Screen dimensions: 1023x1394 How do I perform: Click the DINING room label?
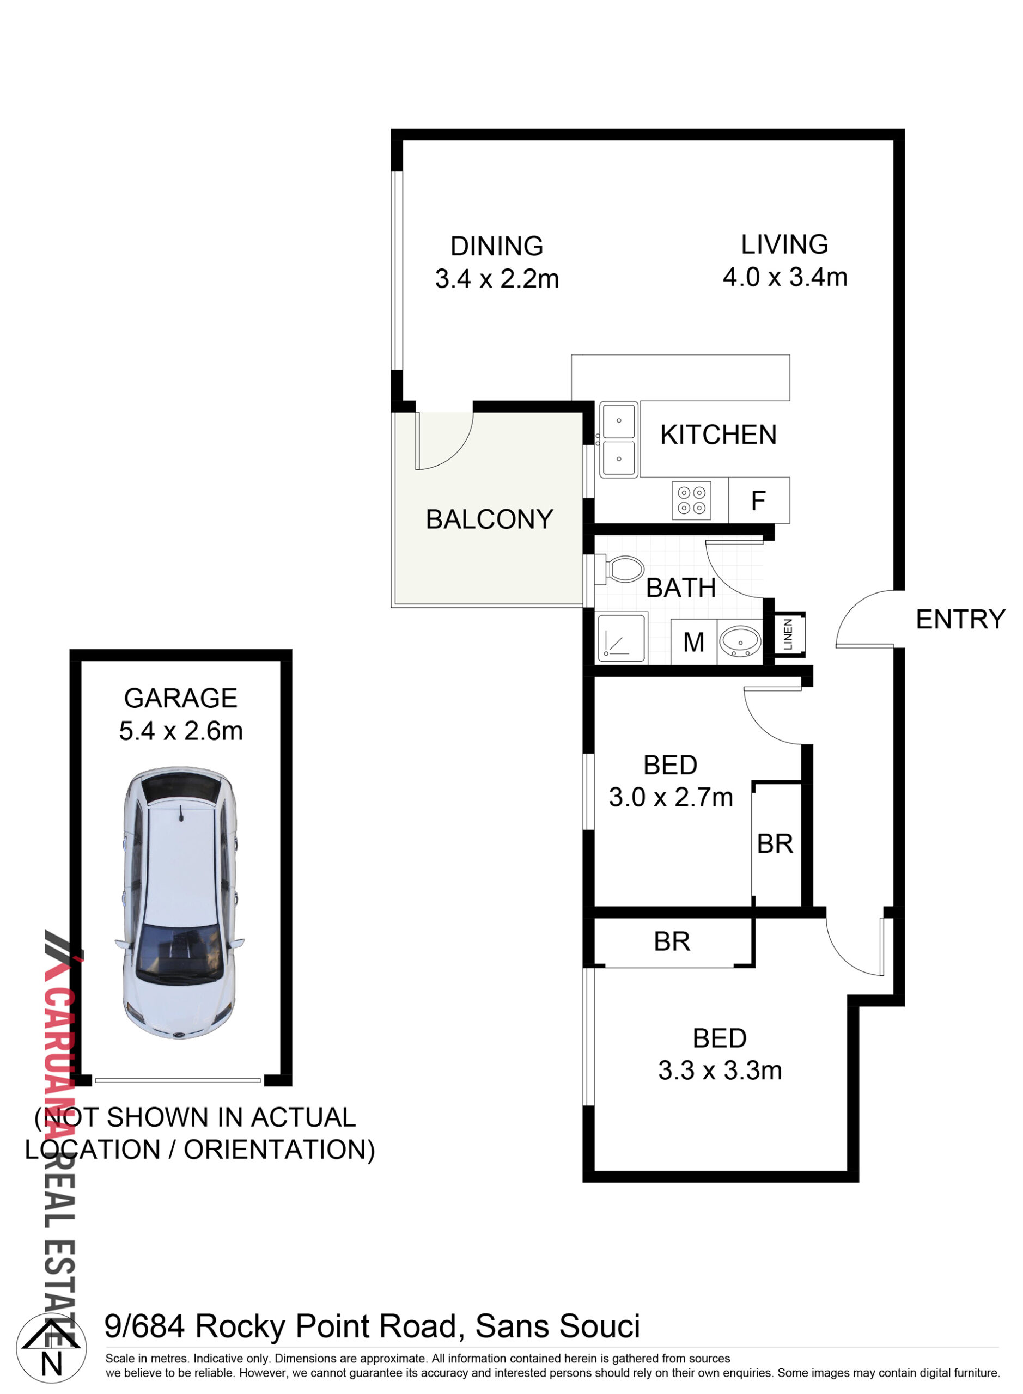point(497,246)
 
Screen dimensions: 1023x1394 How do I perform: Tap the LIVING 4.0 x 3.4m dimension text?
point(784,277)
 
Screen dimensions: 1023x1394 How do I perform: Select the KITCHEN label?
point(718,435)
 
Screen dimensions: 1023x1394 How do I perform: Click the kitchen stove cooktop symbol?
point(691,500)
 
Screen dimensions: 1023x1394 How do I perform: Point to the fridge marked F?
point(759,500)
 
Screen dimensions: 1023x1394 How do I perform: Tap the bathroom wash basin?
point(740,641)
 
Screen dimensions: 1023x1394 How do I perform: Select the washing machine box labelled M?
point(693,642)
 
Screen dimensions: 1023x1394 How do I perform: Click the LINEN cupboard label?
point(788,634)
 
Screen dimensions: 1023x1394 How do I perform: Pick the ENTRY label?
point(960,620)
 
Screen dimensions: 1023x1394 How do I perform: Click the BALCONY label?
point(489,519)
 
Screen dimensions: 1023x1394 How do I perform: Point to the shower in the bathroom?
point(622,638)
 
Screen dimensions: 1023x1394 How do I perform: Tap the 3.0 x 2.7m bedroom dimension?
point(671,797)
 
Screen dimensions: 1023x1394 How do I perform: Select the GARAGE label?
point(180,698)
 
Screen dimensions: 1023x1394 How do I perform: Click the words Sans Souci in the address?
point(557,1326)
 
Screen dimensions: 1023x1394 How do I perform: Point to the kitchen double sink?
point(618,439)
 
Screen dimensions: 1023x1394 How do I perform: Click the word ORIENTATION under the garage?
point(279,1150)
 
